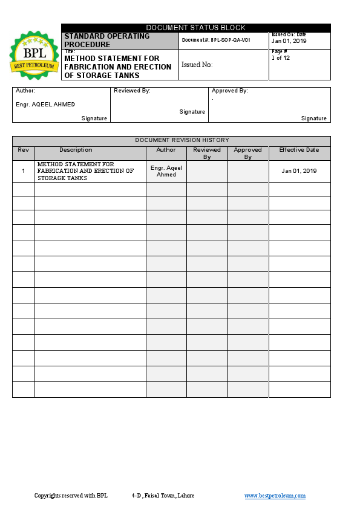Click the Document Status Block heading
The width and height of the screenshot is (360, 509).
(195, 28)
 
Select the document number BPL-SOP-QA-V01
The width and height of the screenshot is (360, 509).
(224, 40)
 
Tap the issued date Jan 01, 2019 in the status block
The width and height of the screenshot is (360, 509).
(289, 41)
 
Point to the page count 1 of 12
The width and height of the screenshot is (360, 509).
(281, 58)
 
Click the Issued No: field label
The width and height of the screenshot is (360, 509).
(197, 65)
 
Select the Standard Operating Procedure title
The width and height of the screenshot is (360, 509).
(106, 41)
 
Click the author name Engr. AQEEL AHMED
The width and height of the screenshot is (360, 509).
(45, 105)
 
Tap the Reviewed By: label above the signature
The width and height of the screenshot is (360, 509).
(132, 91)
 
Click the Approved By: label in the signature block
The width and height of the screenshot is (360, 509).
(230, 91)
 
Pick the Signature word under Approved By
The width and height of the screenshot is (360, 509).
(314, 118)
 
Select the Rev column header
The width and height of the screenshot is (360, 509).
(23, 150)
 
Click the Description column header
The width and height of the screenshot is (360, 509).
(76, 150)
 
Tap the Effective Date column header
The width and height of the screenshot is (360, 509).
(299, 150)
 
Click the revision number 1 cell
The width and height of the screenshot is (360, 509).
(23, 171)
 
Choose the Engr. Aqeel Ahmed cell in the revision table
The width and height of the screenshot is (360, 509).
(166, 171)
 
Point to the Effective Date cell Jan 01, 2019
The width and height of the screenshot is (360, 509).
(299, 171)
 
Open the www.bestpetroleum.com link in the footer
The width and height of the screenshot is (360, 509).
(275, 496)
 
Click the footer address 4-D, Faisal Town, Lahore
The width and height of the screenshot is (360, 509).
(163, 496)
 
